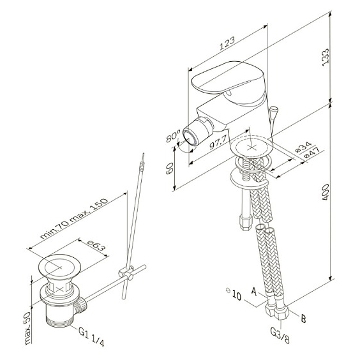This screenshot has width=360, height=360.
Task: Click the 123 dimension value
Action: click(x=227, y=43)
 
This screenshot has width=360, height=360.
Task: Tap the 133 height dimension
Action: click(x=326, y=57)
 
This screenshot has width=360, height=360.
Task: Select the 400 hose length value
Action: click(x=326, y=192)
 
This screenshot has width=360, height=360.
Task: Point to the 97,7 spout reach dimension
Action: click(x=218, y=142)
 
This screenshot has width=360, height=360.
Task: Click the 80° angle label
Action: click(x=173, y=137)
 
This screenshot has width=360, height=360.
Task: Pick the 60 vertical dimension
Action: click(x=170, y=169)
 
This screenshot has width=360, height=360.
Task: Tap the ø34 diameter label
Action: click(x=303, y=147)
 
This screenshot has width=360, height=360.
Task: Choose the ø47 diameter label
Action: click(x=311, y=153)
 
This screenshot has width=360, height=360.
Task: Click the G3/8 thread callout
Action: click(x=280, y=336)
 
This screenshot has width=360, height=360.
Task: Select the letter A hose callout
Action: click(x=253, y=292)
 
